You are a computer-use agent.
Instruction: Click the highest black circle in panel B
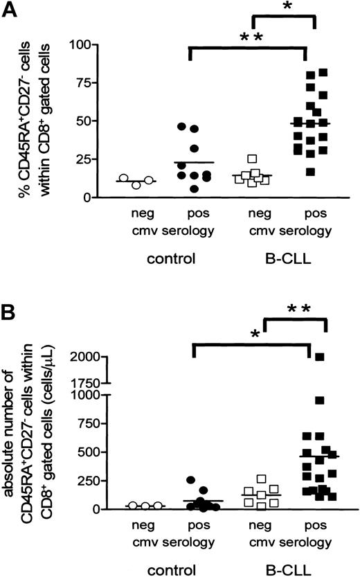pos(191,479)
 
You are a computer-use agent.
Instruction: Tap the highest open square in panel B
pos(261,479)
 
